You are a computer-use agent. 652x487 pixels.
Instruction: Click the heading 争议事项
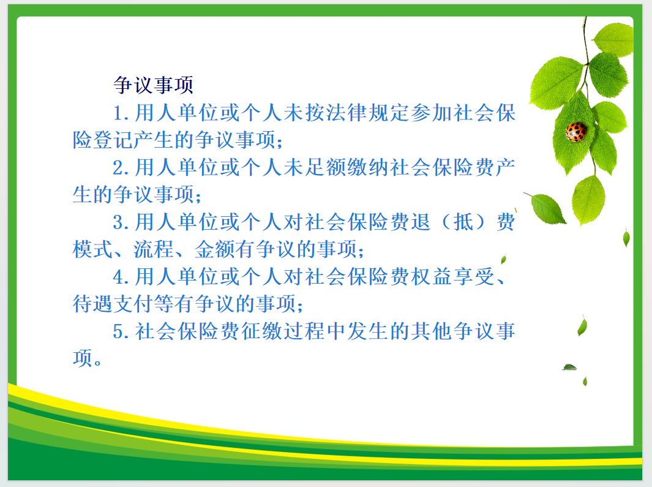tap(154, 85)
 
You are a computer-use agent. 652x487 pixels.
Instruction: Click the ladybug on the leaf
tap(576, 132)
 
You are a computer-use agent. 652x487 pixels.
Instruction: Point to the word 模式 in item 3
tap(92, 249)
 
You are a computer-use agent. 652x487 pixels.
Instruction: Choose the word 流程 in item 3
tap(154, 249)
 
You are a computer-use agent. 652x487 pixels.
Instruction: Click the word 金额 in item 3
tap(214, 249)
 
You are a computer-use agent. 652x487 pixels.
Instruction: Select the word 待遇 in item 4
tap(92, 304)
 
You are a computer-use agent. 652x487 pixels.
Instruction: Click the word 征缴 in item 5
tap(262, 331)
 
